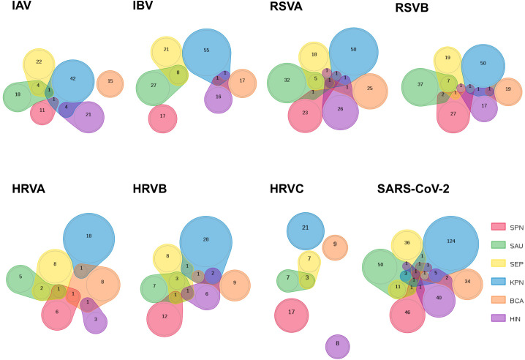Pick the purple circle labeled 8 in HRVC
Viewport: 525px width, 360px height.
(x=337, y=343)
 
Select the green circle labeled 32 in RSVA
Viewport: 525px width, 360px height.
(x=287, y=80)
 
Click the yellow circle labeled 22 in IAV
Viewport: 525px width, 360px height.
(x=39, y=62)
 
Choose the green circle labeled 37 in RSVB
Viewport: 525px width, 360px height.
(x=420, y=85)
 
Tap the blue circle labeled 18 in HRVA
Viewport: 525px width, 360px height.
(x=88, y=236)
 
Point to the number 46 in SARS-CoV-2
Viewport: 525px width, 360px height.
(x=407, y=312)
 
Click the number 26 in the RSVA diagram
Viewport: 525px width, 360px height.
(x=340, y=109)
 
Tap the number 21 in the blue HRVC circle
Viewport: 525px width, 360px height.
(x=306, y=228)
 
